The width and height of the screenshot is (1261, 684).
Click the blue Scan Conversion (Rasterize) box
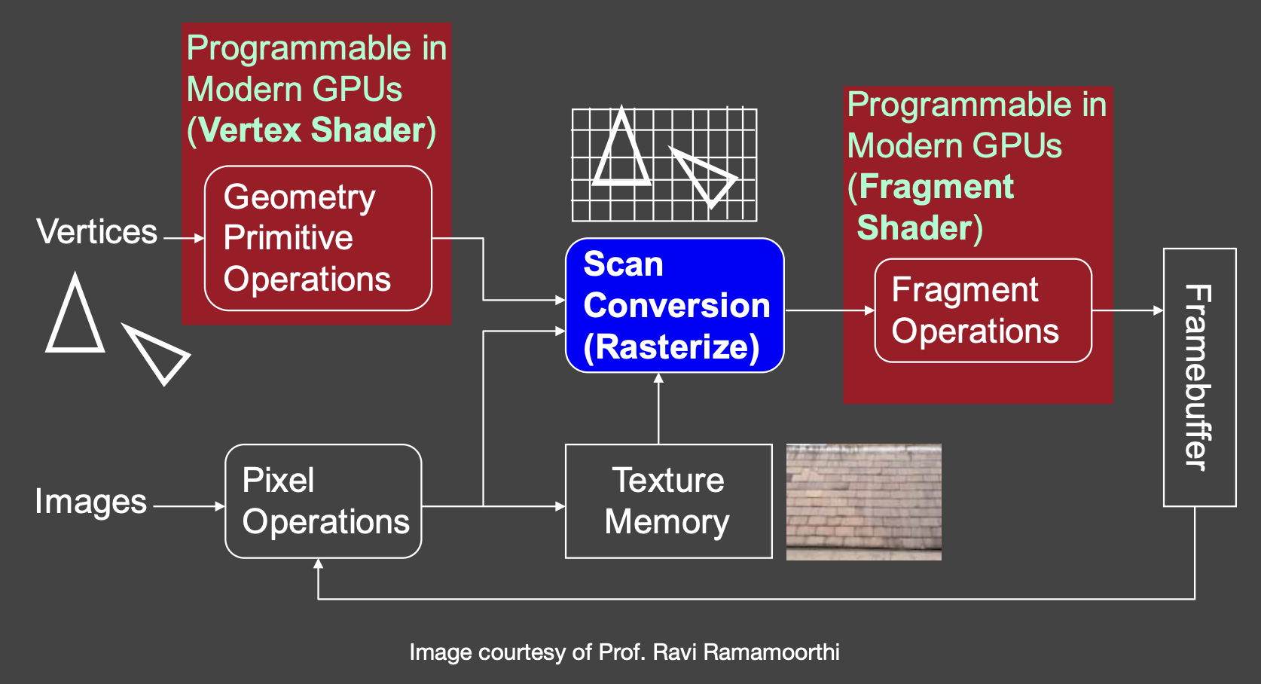(674, 305)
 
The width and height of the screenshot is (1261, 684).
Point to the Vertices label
(97, 231)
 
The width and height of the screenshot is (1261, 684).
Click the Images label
(90, 501)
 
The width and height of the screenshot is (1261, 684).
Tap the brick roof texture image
(863, 502)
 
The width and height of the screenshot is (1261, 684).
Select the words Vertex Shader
(311, 130)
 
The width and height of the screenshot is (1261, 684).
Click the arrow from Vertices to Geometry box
(184, 238)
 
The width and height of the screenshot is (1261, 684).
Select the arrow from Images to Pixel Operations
(189, 506)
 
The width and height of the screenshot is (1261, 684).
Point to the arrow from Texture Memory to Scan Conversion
(658, 409)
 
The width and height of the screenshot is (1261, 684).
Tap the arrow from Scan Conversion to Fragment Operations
(830, 310)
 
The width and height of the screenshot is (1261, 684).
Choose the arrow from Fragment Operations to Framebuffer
(1128, 310)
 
